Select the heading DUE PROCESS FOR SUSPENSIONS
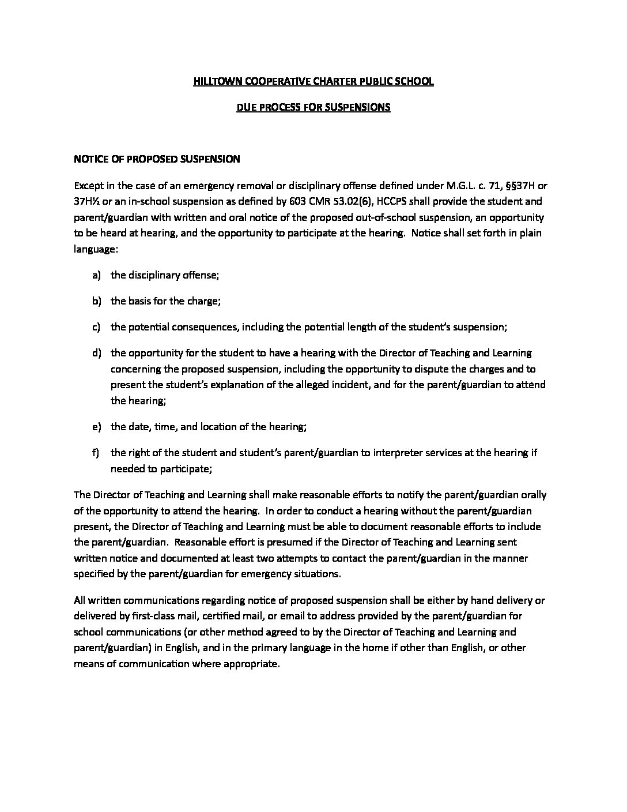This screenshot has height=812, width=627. [313, 107]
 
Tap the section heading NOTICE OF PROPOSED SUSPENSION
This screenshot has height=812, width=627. [157, 159]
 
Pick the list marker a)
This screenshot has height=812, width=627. [96, 275]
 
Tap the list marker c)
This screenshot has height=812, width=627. [96, 327]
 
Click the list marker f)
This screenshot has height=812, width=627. [96, 453]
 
